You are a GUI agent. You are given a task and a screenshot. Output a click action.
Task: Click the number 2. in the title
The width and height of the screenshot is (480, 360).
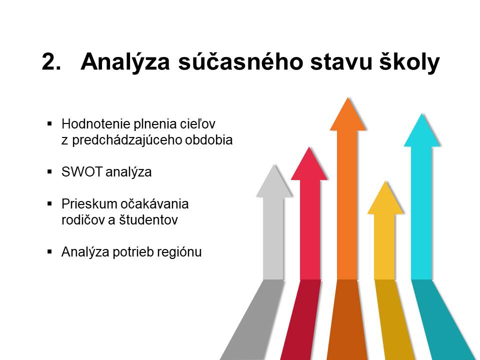pyautogui.click(x=51, y=62)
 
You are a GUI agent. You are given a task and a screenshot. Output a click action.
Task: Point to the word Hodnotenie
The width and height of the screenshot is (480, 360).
pyautogui.click(x=95, y=124)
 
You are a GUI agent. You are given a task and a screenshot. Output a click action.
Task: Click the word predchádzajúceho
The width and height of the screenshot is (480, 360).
pyautogui.click(x=127, y=140)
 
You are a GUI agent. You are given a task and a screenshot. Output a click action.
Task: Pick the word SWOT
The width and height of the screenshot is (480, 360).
pyautogui.click(x=81, y=171)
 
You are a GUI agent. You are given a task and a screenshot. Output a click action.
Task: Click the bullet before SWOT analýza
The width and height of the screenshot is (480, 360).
pyautogui.click(x=50, y=172)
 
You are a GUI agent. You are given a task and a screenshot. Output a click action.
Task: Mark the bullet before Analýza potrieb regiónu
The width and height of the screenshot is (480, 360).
pyautogui.click(x=50, y=252)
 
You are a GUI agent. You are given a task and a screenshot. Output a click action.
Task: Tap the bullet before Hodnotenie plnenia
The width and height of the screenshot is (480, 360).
pyautogui.click(x=50, y=124)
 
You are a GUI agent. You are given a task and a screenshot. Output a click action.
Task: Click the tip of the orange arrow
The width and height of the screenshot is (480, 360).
pyautogui.click(x=348, y=97)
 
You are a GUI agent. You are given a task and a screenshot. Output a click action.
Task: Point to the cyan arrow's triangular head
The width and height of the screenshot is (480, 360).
pyautogui.click(x=422, y=132)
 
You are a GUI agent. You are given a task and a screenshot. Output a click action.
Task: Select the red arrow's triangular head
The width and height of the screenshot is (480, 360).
pyautogui.click(x=309, y=165)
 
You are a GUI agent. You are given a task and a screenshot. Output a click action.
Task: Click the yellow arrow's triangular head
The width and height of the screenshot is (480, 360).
pyautogui.click(x=385, y=199)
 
